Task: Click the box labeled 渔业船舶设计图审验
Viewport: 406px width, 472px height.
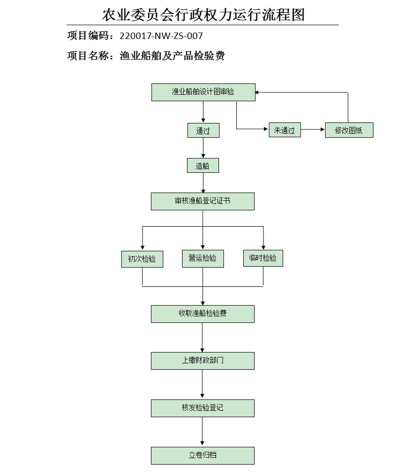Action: (x=203, y=92)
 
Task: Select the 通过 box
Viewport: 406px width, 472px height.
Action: (x=203, y=131)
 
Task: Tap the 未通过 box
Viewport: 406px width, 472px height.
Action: (x=285, y=130)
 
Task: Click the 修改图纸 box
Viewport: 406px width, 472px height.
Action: (x=349, y=130)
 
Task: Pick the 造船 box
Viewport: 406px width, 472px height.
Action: (x=203, y=166)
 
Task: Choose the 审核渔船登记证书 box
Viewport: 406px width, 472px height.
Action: (x=203, y=201)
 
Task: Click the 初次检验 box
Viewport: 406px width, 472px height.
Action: (x=142, y=259)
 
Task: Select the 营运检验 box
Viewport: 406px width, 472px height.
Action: (x=203, y=258)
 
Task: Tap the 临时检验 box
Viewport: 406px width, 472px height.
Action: (x=263, y=258)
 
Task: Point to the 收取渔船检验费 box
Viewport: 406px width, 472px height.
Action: (x=203, y=314)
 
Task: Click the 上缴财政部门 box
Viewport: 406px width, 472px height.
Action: (x=203, y=361)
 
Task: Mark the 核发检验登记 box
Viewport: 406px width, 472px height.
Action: (x=203, y=408)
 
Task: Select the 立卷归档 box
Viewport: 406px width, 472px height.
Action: (x=203, y=456)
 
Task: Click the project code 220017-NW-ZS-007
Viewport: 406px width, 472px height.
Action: (x=161, y=36)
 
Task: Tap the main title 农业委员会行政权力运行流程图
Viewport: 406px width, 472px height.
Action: (x=203, y=14)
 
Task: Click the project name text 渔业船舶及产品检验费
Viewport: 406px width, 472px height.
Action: (x=172, y=56)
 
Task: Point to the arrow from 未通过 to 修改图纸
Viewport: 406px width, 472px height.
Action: (x=313, y=130)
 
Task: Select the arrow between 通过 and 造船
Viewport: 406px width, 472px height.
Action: (x=203, y=148)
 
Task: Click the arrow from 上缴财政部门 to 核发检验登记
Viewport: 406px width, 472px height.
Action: (x=203, y=385)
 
